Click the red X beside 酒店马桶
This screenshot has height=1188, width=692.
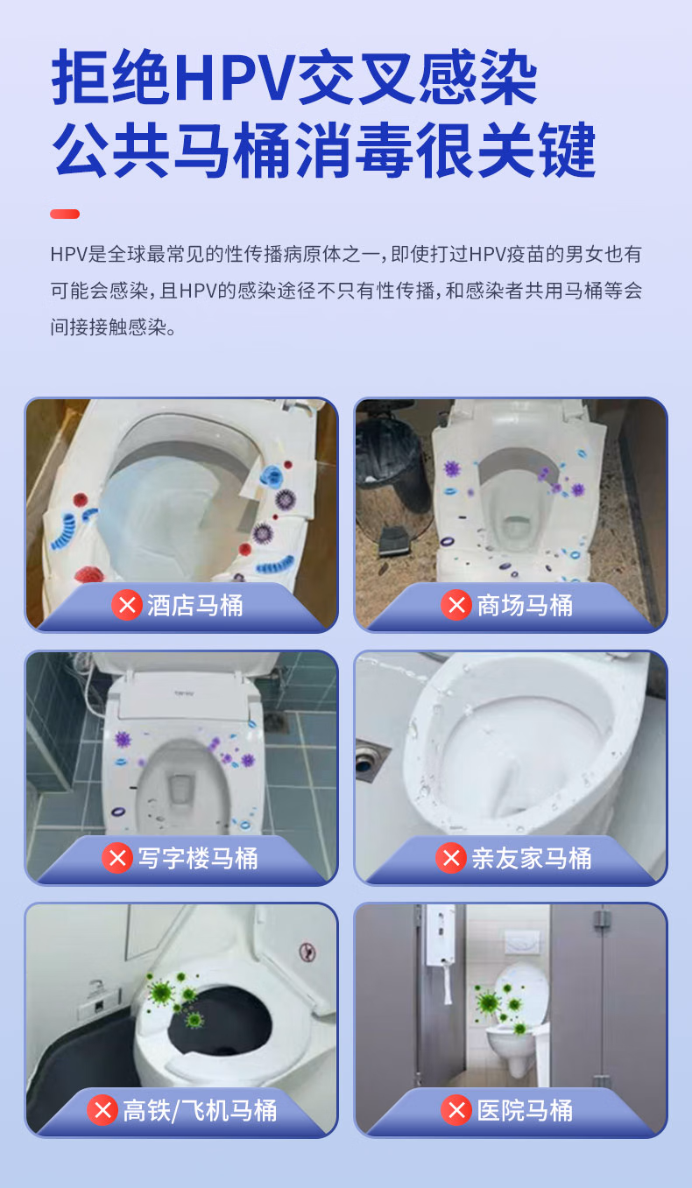click(x=127, y=605)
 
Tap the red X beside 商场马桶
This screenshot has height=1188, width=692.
click(x=456, y=605)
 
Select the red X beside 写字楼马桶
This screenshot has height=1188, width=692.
click(x=117, y=858)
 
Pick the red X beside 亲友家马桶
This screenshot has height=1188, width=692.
click(x=451, y=858)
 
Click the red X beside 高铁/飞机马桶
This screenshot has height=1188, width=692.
click(x=102, y=1111)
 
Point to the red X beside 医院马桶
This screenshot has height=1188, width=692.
click(x=456, y=1111)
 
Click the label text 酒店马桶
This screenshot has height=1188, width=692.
click(x=194, y=605)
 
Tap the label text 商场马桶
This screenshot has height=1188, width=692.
click(x=524, y=605)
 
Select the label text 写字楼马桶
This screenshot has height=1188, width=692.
click(x=197, y=858)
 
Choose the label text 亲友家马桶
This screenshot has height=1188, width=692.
click(x=532, y=858)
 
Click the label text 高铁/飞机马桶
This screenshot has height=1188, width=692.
click(x=200, y=1111)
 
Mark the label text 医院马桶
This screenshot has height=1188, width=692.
click(x=524, y=1111)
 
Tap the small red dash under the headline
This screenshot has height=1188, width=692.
click(x=65, y=214)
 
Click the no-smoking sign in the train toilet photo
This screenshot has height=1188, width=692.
click(x=307, y=951)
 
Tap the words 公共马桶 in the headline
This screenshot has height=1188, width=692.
click(x=172, y=151)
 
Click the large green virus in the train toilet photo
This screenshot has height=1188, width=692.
click(x=160, y=991)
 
